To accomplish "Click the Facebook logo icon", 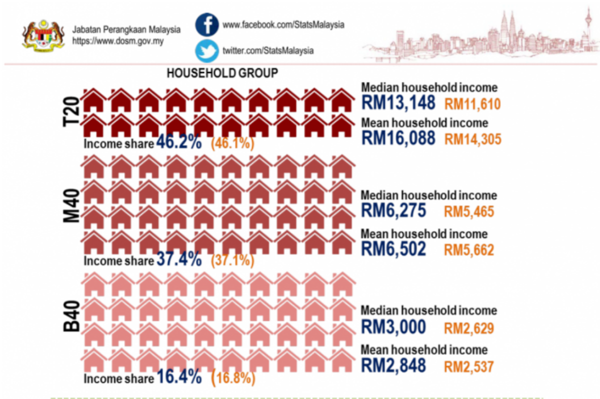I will click(207, 25).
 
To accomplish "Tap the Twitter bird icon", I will click(207, 51).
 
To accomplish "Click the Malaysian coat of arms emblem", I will click(43, 34).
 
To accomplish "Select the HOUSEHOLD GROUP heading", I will click(222, 73).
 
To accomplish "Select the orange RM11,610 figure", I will click(472, 104).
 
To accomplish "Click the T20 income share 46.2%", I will click(179, 143).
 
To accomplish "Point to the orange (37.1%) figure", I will click(232, 260).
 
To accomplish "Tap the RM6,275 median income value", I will click(393, 211).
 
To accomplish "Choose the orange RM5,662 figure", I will click(469, 249).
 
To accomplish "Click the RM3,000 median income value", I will click(393, 327).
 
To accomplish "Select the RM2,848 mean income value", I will click(393, 365).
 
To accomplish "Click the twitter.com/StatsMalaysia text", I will click(268, 51).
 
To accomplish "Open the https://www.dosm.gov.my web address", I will click(117, 41).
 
